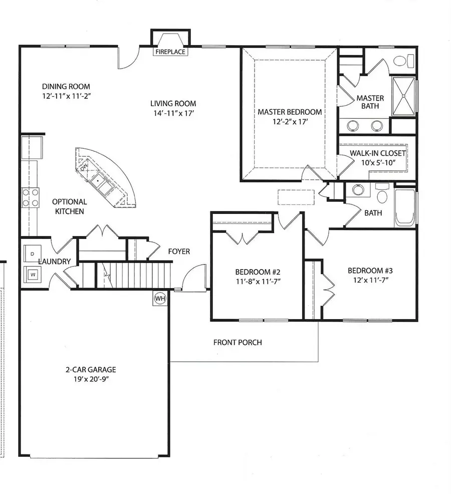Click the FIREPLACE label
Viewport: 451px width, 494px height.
170,52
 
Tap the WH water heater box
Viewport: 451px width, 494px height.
160,299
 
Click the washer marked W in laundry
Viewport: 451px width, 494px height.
33,274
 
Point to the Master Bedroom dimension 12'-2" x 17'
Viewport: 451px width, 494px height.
290,122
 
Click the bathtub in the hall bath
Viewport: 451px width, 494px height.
405,207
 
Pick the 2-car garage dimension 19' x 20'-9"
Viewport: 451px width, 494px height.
90,379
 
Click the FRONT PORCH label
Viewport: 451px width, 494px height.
238,343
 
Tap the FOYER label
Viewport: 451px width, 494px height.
179,252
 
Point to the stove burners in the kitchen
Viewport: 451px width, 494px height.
31,197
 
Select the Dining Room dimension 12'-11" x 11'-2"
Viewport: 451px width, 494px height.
66,95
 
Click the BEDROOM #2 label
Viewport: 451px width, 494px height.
258,272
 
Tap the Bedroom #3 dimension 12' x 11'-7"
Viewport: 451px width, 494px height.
373,280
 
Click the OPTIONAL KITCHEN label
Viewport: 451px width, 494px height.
70,206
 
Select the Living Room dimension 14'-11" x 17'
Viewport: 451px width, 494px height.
173,113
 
